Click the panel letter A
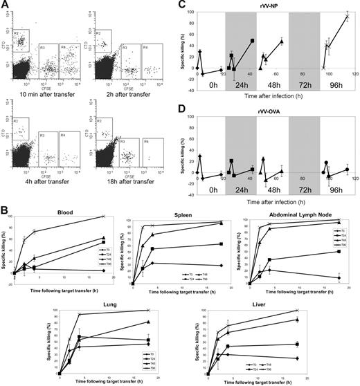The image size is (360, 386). [x=6, y=6]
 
